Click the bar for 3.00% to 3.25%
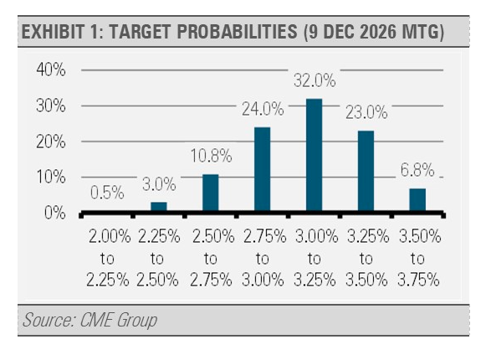(x=314, y=155)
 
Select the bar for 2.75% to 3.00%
(x=262, y=169)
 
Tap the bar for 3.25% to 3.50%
(x=366, y=172)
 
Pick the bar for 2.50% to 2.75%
(x=211, y=193)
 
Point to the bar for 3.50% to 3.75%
(x=417, y=200)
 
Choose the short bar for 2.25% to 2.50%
(x=159, y=207)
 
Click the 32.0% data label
(x=315, y=80)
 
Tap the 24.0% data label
(x=263, y=109)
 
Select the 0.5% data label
(x=107, y=193)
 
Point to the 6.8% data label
(x=417, y=170)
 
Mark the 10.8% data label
(x=211, y=156)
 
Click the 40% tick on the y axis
(x=51, y=69)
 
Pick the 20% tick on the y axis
(x=51, y=141)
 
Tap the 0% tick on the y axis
(x=55, y=213)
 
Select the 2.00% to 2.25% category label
(x=108, y=258)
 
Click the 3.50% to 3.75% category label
(x=419, y=258)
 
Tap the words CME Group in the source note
(x=119, y=320)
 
